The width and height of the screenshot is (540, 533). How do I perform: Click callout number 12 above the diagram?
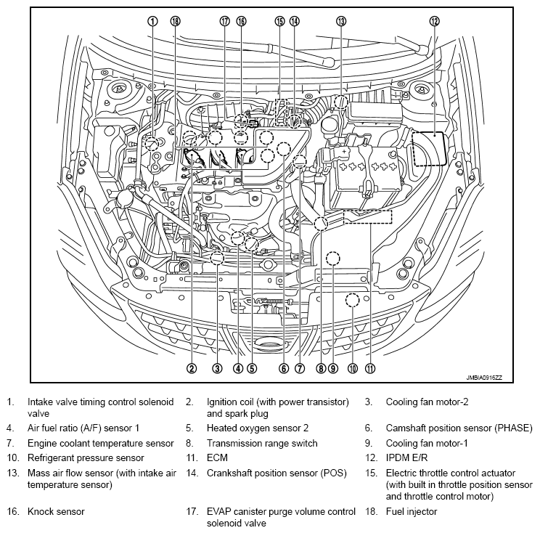point(434,21)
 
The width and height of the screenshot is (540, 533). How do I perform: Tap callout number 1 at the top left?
point(152,21)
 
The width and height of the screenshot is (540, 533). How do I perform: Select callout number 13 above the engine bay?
point(340,21)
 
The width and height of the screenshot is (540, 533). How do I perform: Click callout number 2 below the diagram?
point(192,368)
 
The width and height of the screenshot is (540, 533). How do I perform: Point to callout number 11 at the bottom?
point(371,368)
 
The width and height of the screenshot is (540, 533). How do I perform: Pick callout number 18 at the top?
point(174,21)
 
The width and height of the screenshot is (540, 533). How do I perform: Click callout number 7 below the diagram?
point(299,368)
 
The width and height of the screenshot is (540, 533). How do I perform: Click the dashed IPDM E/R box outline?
point(428,148)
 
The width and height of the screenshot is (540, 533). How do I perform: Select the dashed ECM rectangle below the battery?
point(367,217)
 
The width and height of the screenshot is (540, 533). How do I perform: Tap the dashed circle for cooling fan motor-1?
point(332,258)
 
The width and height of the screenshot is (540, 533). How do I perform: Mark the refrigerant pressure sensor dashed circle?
point(353,299)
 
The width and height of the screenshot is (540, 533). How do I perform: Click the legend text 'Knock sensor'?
point(56,511)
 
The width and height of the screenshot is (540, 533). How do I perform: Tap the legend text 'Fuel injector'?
point(411,511)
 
